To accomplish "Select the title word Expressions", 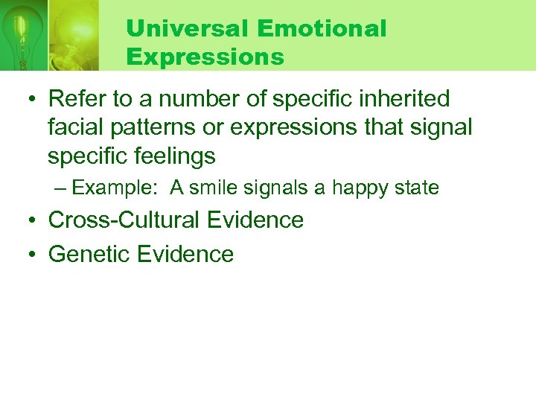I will (x=205, y=57).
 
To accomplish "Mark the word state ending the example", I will (x=418, y=188).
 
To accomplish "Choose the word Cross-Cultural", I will (x=125, y=220).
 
